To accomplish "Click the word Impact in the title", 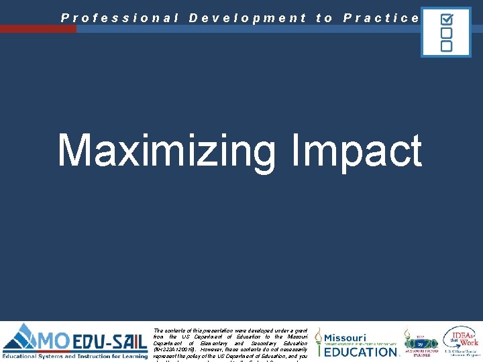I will coord(357,150).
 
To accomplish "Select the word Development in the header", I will coord(248,18).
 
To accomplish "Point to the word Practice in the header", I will coord(381,18).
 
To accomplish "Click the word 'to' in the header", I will coord(324,18).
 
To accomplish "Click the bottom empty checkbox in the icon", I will coord(446,46).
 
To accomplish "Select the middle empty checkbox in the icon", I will coord(446,33).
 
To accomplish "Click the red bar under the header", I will coord(38,29).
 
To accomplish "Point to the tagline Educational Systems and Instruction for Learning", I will coord(75,356).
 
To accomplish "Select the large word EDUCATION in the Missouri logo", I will coord(361,351).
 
